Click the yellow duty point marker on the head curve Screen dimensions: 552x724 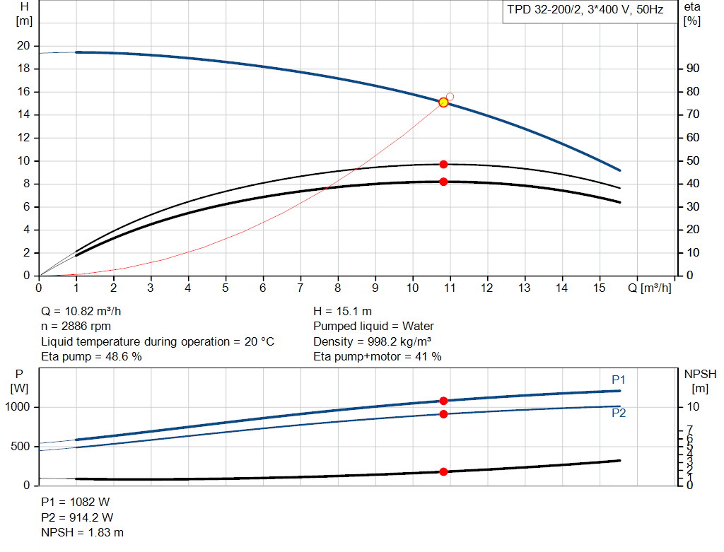pos(443,102)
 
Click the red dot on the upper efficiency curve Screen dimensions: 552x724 pos(443,164)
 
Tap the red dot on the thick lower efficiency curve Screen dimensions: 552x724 pos(443,182)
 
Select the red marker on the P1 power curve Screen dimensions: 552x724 pos(443,401)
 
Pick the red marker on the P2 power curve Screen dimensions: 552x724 pos(443,413)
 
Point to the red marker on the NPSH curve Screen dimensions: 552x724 pos(443,471)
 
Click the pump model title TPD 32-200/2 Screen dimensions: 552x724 pos(585,11)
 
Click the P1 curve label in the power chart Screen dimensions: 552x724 pos(619,380)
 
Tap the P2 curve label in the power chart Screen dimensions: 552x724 pos(619,413)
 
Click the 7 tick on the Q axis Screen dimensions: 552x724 pos(300,288)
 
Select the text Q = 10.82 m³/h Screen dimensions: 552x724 pos(86,311)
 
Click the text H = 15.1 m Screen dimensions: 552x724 pos(342,311)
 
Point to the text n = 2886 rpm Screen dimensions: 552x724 pos(76,327)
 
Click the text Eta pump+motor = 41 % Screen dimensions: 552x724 pos(378,357)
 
